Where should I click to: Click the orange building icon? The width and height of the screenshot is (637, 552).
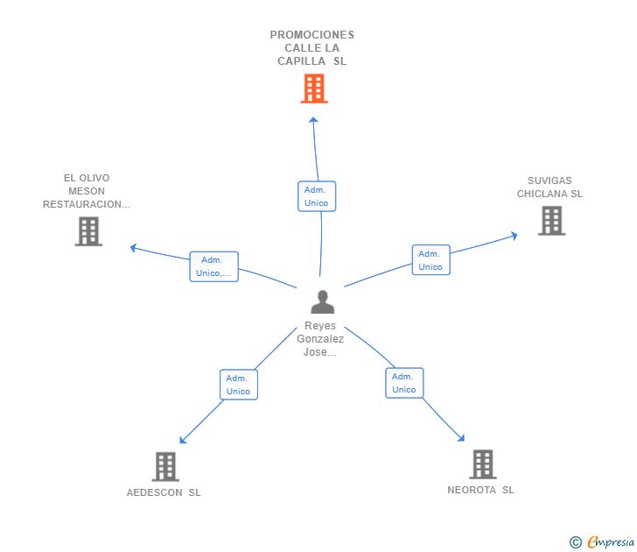[314, 88]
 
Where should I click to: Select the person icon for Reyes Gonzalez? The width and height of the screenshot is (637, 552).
[323, 301]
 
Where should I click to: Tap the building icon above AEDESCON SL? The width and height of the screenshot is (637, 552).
[165, 467]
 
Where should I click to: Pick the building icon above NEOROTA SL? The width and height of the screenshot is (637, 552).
[483, 464]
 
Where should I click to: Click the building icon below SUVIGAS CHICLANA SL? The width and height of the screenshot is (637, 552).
[551, 221]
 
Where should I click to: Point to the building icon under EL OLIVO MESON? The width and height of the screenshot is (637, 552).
[88, 231]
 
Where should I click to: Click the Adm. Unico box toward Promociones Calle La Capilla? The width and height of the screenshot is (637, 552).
[317, 196]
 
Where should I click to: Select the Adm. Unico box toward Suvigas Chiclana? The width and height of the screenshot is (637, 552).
[431, 260]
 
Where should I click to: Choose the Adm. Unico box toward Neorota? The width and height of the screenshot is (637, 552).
[404, 383]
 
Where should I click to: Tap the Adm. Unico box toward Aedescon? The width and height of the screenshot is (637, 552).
[239, 385]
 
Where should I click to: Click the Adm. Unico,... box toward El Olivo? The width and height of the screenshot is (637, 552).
[213, 266]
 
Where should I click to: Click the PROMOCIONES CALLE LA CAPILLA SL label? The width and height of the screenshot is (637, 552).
[312, 48]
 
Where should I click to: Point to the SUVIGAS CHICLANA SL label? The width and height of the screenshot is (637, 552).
[549, 188]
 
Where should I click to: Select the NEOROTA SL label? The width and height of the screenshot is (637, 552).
[480, 490]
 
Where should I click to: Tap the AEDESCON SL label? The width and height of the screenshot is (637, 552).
[164, 492]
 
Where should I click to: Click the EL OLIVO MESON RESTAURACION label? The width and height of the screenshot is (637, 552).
[87, 191]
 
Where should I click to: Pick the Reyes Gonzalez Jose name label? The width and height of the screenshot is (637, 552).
[320, 339]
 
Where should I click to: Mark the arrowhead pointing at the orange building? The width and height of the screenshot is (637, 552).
[313, 120]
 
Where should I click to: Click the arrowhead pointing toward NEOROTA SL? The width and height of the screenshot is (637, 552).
[461, 438]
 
